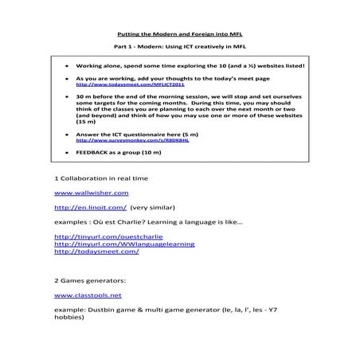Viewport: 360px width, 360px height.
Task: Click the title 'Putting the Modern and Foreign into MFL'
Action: point(180,35)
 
